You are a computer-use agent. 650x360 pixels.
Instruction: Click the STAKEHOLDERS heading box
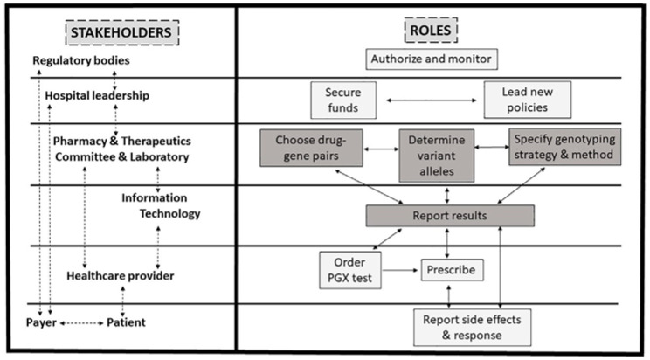(122, 32)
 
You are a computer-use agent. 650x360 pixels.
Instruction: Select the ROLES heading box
(431, 30)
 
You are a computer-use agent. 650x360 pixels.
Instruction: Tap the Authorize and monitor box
(432, 59)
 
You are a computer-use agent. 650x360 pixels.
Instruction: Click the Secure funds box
(343, 100)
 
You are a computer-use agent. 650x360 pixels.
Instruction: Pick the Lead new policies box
(528, 100)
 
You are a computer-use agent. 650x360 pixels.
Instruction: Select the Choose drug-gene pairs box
(311, 148)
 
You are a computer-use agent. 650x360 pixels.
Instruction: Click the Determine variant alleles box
(437, 156)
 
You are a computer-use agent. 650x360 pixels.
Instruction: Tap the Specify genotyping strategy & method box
(564, 147)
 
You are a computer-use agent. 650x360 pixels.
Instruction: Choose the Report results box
(450, 216)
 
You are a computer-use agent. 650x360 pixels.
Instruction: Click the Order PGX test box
(350, 270)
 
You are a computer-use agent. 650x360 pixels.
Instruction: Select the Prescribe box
(452, 270)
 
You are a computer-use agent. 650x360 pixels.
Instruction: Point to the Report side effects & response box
(472, 328)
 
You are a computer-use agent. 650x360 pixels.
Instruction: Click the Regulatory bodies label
(81, 60)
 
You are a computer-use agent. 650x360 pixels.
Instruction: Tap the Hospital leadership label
(97, 96)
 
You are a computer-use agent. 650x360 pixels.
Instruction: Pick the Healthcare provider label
(121, 276)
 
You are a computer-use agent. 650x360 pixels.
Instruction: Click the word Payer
(41, 322)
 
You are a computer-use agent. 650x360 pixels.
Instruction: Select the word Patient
(126, 322)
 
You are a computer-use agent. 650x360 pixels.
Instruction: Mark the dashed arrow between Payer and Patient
(81, 323)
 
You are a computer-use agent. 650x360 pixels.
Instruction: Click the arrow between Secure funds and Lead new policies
(432, 100)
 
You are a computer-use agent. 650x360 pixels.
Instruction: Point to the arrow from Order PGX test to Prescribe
(400, 270)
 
